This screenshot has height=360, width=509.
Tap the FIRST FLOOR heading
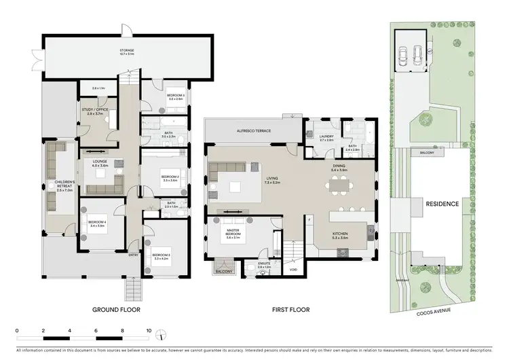point(290,309)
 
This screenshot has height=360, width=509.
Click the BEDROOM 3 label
point(161,255)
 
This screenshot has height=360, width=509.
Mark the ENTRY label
point(134,255)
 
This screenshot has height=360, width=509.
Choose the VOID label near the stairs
point(293,269)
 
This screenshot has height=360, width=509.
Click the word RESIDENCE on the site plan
point(442,204)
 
